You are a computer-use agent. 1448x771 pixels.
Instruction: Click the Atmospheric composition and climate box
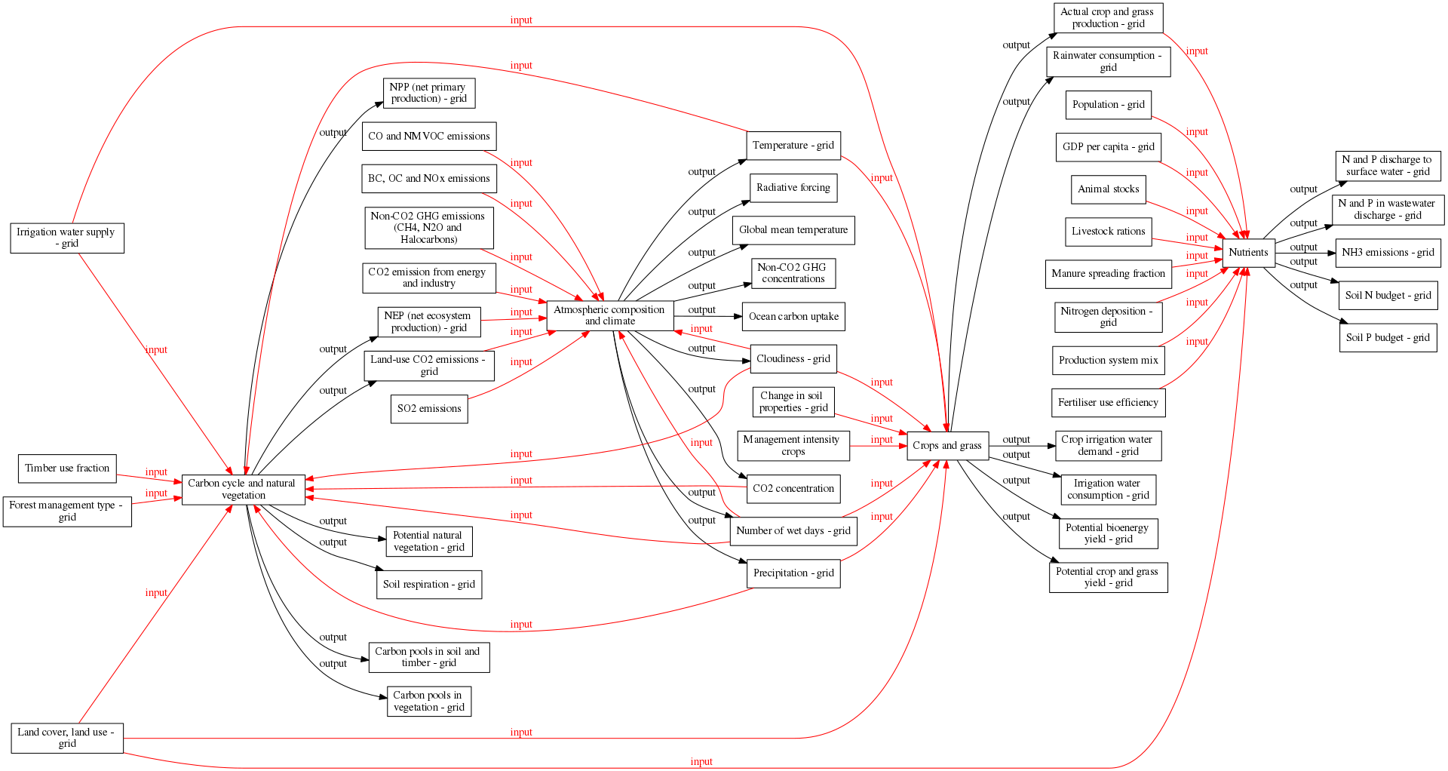coord(609,315)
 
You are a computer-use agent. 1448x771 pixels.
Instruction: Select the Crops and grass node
coord(947,445)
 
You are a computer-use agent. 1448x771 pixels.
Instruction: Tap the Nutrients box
coord(1249,252)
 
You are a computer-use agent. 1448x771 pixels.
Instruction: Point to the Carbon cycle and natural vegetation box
coord(244,490)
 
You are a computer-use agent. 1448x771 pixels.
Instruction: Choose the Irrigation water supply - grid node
coord(67,238)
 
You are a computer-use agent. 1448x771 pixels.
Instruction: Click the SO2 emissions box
coord(429,408)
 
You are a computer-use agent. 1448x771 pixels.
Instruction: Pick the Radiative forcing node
coord(793,187)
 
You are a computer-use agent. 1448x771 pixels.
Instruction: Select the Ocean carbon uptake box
coord(793,316)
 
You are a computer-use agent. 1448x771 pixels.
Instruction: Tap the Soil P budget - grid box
coord(1388,337)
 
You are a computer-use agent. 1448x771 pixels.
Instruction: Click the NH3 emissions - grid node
coord(1388,252)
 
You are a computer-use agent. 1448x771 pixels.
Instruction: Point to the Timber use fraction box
coord(67,468)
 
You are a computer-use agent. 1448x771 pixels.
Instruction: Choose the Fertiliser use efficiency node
coord(1108,402)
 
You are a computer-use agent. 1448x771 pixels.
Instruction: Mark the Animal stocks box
coord(1108,189)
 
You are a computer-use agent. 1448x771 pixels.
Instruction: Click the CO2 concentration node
coord(793,488)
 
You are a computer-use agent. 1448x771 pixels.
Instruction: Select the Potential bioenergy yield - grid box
coord(1107,533)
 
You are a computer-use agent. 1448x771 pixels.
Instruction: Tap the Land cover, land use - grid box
coord(67,738)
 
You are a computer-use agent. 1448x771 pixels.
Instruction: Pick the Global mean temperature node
coord(793,229)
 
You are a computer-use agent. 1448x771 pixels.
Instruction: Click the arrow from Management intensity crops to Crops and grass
coord(879,446)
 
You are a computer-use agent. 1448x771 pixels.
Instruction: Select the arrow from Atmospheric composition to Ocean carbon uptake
coord(708,316)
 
